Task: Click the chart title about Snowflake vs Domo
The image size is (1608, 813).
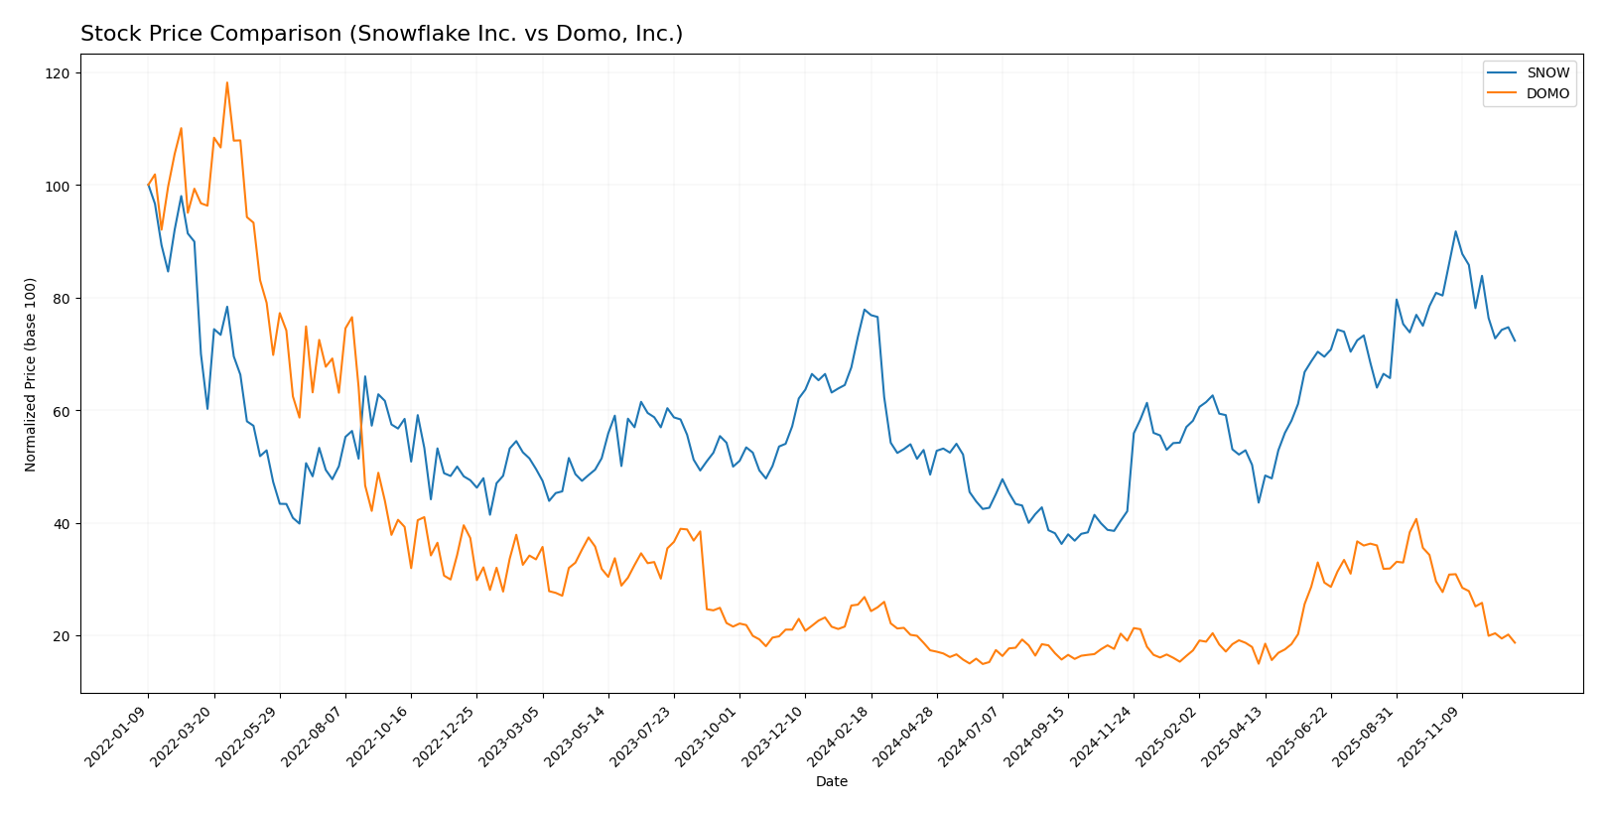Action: pyautogui.click(x=381, y=35)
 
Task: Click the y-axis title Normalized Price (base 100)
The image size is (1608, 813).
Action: pyautogui.click(x=31, y=374)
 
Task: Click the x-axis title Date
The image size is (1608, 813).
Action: pyautogui.click(x=831, y=782)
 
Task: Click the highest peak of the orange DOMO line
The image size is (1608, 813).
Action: pyautogui.click(x=226, y=82)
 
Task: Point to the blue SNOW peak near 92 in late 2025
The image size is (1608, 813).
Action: pyautogui.click(x=1455, y=231)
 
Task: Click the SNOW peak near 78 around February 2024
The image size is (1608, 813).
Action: pyautogui.click(x=865, y=310)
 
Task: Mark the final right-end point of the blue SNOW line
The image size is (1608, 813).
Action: pyautogui.click(x=1515, y=341)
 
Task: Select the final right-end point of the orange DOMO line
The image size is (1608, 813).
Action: pyautogui.click(x=1515, y=643)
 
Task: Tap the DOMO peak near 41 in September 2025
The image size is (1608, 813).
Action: pyautogui.click(x=1415, y=518)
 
